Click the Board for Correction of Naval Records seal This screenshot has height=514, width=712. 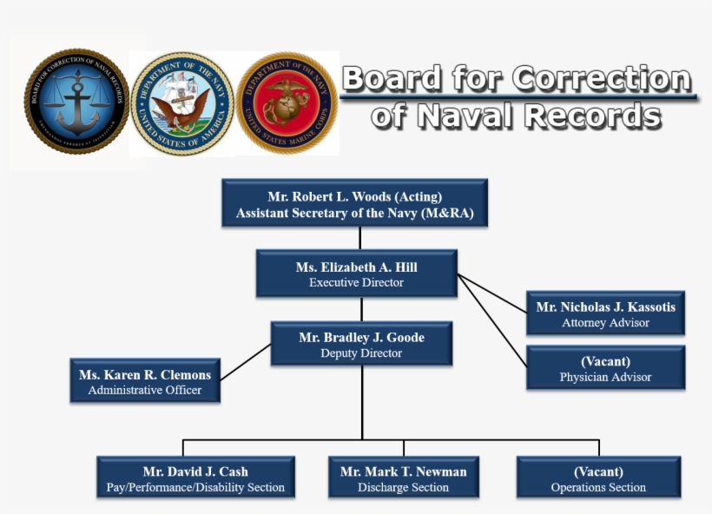click(x=76, y=102)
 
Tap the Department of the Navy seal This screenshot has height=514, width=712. click(x=182, y=102)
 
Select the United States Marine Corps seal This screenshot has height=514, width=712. click(x=287, y=102)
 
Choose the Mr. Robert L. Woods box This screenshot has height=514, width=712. click(x=354, y=203)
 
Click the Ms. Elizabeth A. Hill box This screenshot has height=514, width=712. click(x=356, y=274)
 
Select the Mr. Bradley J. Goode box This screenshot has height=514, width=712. click(x=361, y=344)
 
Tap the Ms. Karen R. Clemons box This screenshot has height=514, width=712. click(x=145, y=382)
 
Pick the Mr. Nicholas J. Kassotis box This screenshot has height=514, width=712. click(x=605, y=313)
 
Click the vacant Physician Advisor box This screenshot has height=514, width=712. click(x=605, y=368)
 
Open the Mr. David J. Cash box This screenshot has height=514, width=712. click(x=195, y=478)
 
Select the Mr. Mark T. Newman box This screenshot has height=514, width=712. click(x=403, y=478)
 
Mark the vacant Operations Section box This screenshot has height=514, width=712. click(x=598, y=478)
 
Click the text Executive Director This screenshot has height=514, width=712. click(x=356, y=283)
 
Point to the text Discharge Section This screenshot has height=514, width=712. click(x=403, y=488)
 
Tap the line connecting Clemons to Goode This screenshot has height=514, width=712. click(x=246, y=363)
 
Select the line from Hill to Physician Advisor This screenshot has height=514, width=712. click(x=491, y=318)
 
